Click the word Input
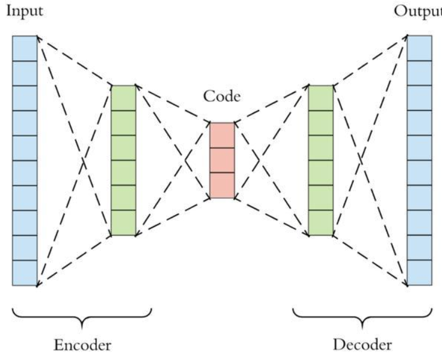click(x=21, y=12)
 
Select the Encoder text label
click(x=82, y=345)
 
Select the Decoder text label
click(x=363, y=345)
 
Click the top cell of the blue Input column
click(x=24, y=48)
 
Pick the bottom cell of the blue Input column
click(x=24, y=273)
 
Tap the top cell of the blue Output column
click(x=419, y=48)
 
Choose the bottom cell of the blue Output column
click(x=419, y=273)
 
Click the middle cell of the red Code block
click(x=222, y=160)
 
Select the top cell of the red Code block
click(x=222, y=135)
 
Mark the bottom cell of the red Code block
click(x=222, y=185)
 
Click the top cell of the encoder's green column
click(x=124, y=98)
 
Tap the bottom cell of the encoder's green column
click(x=124, y=223)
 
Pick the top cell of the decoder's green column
click(x=320, y=98)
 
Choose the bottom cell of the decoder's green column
click(x=320, y=223)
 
